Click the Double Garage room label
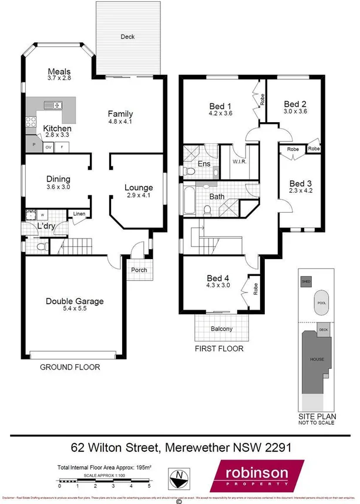pyautogui.click(x=75, y=301)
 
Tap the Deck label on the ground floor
pyautogui.click(x=127, y=36)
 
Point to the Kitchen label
pyautogui.click(x=57, y=128)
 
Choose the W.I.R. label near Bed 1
pyautogui.click(x=239, y=162)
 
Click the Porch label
pyautogui.click(x=139, y=270)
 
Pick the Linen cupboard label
pyautogui.click(x=79, y=215)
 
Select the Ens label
pyautogui.click(x=204, y=163)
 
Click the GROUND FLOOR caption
pyautogui.click(x=70, y=367)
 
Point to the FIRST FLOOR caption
pyautogui.click(x=218, y=348)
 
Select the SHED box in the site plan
pyautogui.click(x=305, y=281)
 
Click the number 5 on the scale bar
pyautogui.click(x=149, y=486)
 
